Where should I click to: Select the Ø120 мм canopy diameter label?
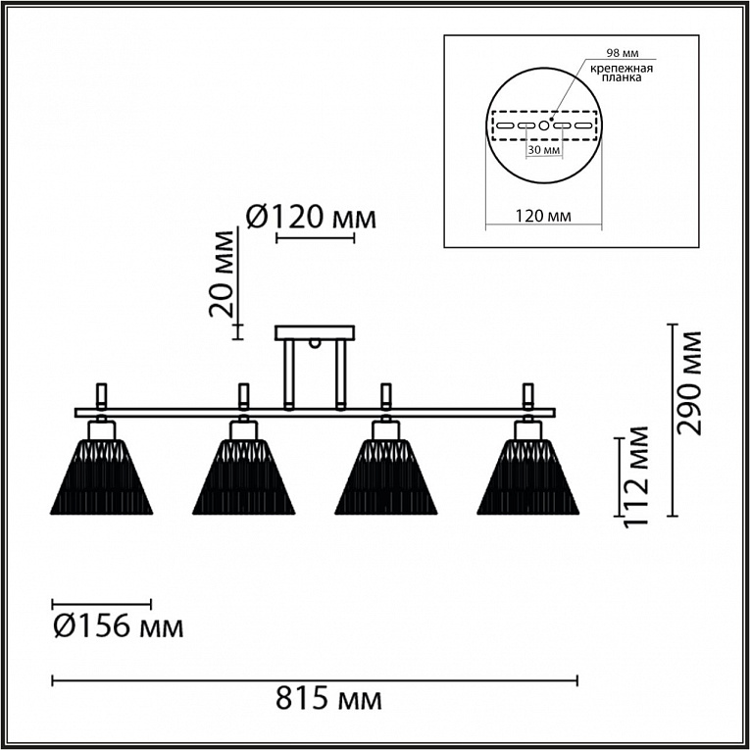(310, 217)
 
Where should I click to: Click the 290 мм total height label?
(692, 382)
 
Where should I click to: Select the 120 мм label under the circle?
(543, 216)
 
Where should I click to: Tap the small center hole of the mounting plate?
(543, 126)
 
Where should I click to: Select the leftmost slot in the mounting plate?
(504, 126)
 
